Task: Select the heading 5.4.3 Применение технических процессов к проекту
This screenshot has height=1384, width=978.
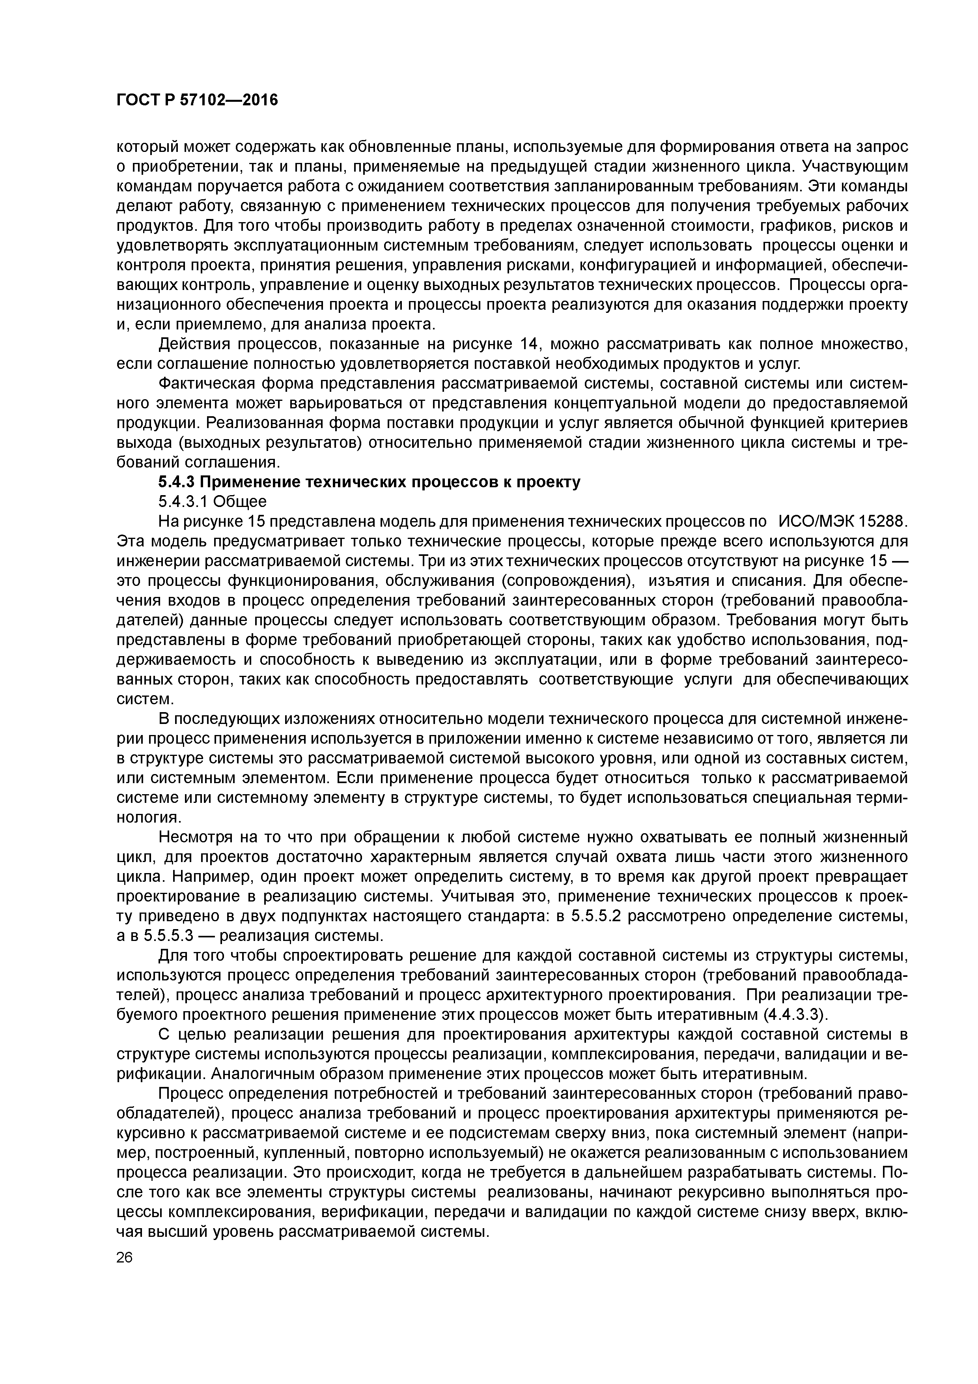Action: point(369,482)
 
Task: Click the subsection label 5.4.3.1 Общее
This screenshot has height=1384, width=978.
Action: point(212,501)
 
